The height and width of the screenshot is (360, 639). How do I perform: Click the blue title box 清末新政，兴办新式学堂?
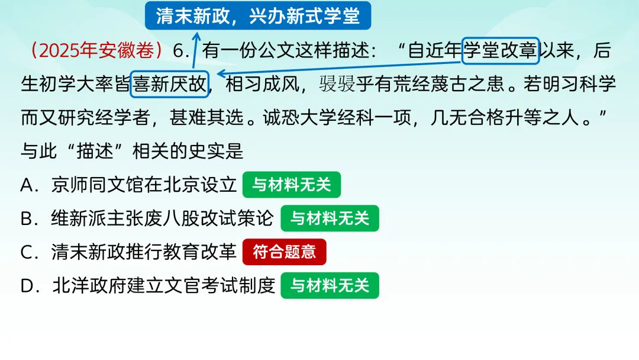click(x=258, y=15)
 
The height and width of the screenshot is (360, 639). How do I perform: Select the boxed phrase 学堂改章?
click(x=500, y=51)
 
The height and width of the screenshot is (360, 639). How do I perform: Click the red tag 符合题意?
click(x=285, y=252)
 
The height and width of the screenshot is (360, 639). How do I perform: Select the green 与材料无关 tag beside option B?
click(x=330, y=218)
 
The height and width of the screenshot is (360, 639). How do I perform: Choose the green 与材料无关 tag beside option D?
click(x=330, y=286)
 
